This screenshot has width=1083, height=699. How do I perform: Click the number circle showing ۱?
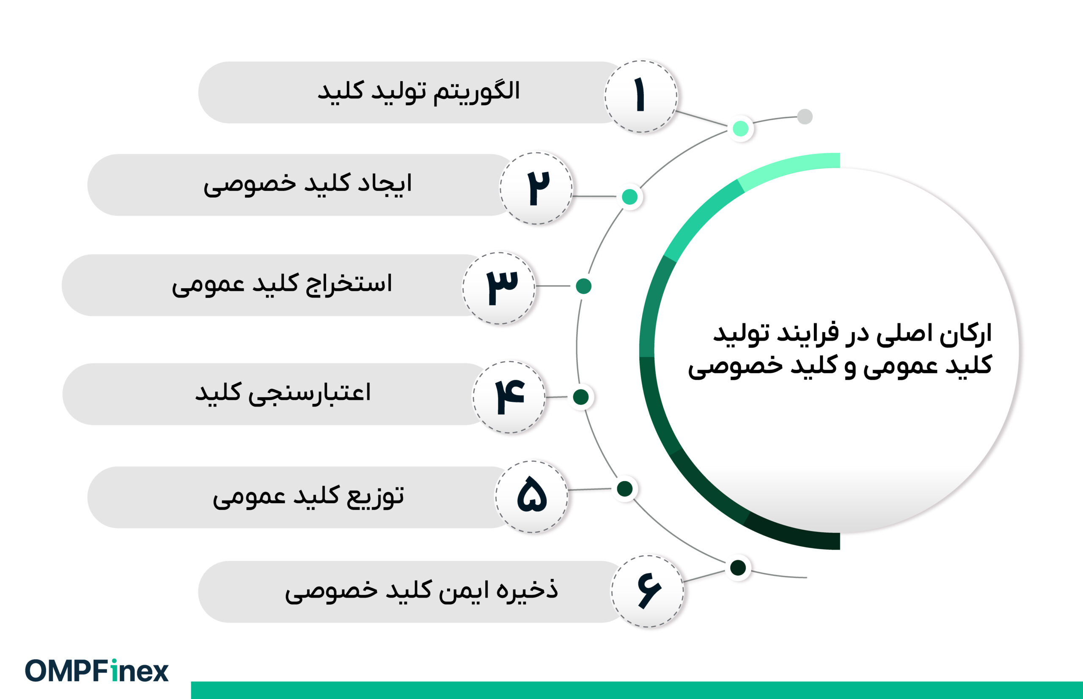point(640,96)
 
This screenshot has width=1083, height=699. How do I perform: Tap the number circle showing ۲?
point(536,188)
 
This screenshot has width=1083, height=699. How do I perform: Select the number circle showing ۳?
point(499,288)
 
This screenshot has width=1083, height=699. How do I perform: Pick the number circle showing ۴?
point(509,397)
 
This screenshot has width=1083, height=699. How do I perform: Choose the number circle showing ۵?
point(531,497)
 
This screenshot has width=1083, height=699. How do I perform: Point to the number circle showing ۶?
point(647,591)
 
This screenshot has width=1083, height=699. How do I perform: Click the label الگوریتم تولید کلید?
point(418,92)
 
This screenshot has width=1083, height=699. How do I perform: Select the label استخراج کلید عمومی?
point(282,285)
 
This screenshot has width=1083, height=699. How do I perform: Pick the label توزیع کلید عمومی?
point(308,497)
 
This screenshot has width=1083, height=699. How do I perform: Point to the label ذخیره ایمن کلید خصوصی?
point(421,591)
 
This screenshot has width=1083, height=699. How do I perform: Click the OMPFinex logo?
point(96,671)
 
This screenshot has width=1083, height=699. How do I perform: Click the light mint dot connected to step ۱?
point(740,129)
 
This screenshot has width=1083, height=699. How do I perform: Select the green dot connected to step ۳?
point(583,286)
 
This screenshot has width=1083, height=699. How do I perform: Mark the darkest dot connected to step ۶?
point(738,567)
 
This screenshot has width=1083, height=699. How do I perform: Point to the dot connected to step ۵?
point(625,489)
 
